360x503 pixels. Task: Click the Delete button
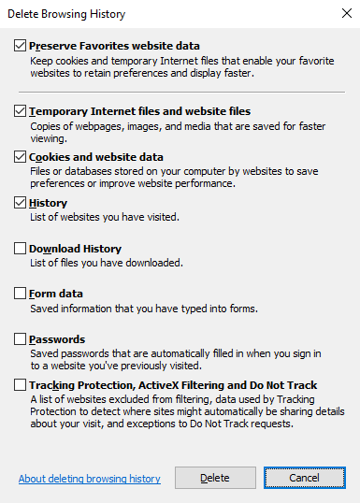point(215,478)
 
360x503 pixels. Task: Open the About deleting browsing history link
point(89,479)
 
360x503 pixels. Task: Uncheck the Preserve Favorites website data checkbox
point(21,46)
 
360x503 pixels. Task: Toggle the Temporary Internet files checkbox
point(21,111)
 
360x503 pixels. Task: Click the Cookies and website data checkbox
point(21,157)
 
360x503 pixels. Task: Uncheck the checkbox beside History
point(21,203)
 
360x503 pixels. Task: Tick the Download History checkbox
point(21,249)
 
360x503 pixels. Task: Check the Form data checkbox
point(21,294)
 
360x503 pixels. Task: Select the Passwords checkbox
point(21,339)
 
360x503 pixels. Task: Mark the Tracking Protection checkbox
point(21,385)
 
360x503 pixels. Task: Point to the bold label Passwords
point(57,339)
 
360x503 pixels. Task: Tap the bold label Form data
point(56,294)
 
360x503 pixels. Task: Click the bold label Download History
point(76,249)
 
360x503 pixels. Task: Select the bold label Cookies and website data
point(96,157)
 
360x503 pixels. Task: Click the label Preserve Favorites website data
point(114,46)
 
